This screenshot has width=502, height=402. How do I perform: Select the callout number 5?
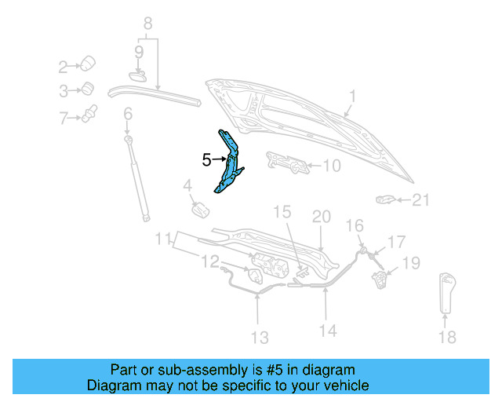click(206, 160)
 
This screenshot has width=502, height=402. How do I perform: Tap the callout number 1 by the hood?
click(352, 97)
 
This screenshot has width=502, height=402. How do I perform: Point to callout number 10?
click(332, 166)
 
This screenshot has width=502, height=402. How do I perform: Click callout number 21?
click(421, 200)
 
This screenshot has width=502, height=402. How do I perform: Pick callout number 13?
click(259, 338)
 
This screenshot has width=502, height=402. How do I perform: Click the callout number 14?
click(328, 331)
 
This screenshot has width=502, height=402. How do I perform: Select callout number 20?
click(322, 217)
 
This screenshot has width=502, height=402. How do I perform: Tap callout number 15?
click(282, 212)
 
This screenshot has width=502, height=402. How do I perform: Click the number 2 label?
click(64, 66)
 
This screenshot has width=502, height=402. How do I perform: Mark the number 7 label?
click(64, 119)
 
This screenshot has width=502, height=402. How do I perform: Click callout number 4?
click(187, 186)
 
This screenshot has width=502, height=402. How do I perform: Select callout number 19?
click(412, 262)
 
